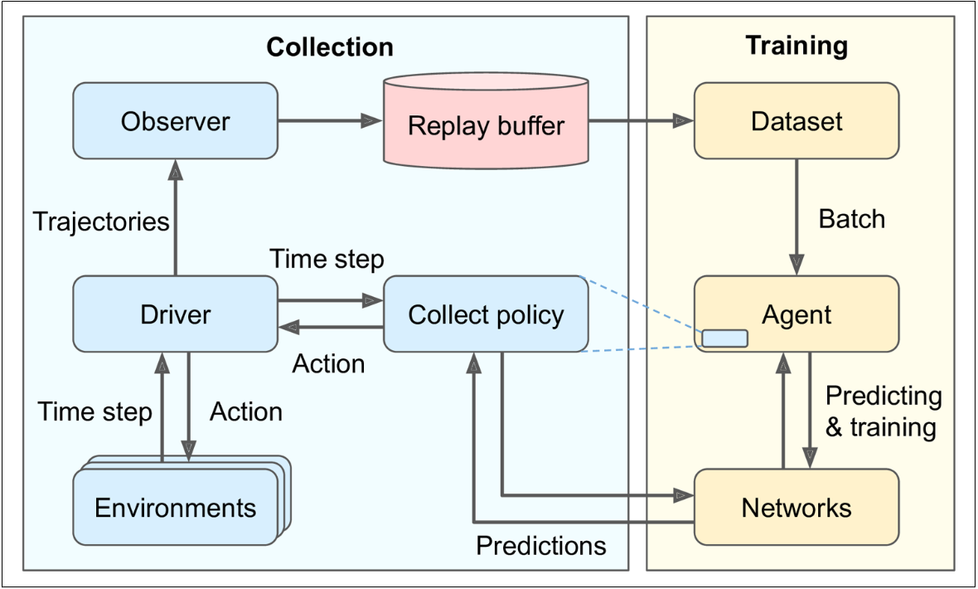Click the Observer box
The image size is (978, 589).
tap(175, 121)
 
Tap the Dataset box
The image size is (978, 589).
tap(796, 121)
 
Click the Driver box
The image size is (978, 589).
tap(175, 314)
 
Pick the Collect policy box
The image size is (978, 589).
tap(486, 314)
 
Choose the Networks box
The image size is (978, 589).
tap(796, 507)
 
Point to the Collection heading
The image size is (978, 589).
tap(330, 47)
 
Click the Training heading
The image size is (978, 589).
tap(796, 45)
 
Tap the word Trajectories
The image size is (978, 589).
tap(101, 221)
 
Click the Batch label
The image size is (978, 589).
tap(851, 219)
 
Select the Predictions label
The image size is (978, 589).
tap(541, 545)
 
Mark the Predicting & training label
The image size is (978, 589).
tap(883, 411)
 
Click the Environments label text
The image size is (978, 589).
tap(175, 507)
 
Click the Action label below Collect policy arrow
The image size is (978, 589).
tap(328, 364)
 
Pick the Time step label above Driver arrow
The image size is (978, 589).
tap(327, 260)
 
